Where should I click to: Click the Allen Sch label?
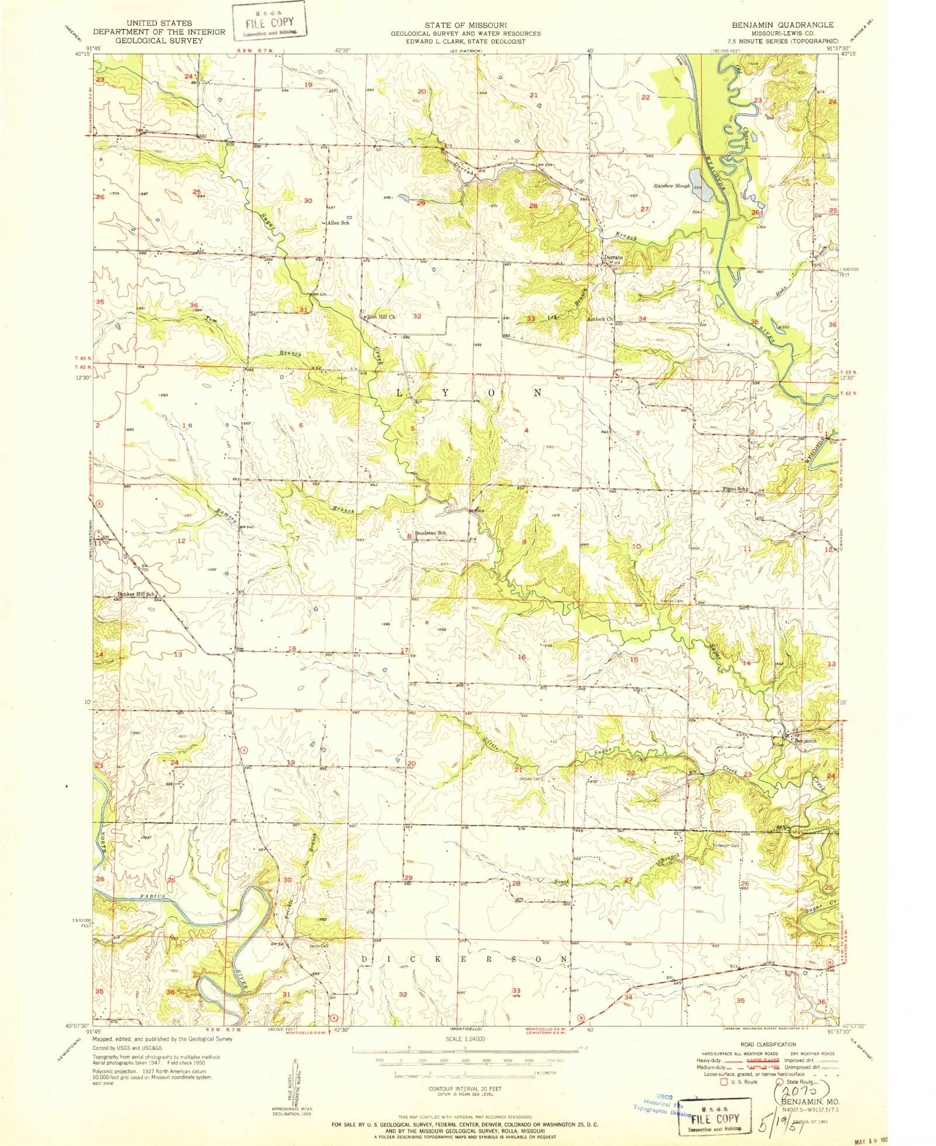tap(338, 223)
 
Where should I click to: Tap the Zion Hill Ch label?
tap(381, 317)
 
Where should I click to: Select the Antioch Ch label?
tap(600, 319)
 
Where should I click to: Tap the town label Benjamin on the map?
tap(805, 740)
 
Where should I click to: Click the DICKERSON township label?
tap(463, 959)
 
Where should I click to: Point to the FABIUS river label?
tap(153, 896)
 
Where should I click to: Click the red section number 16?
tap(521, 657)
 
